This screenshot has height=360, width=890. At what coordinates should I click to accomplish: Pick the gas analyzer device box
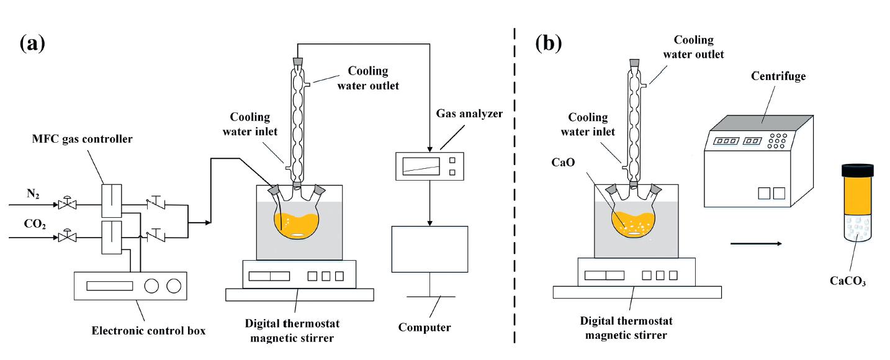430,165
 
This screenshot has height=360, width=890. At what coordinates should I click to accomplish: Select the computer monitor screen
429,250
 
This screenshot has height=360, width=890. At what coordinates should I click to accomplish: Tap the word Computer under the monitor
425,327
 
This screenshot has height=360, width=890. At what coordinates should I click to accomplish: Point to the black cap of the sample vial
857,169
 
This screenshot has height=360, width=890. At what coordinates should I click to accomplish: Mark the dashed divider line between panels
515,186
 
